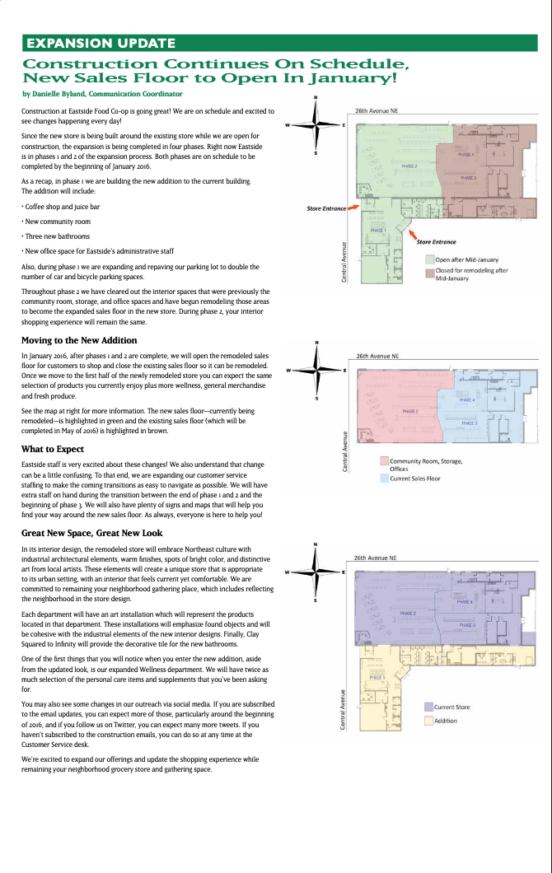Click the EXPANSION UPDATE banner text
tap(101, 44)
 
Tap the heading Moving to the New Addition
tap(79, 340)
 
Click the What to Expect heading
tap(53, 449)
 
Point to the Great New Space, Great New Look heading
tap(92, 533)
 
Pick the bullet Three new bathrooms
tap(57, 236)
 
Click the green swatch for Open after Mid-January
tap(429, 259)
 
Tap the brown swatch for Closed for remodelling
tap(429, 271)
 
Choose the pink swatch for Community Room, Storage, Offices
tap(384, 461)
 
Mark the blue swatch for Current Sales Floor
tap(384, 478)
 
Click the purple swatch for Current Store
tap(428, 707)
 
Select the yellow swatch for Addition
tap(428, 721)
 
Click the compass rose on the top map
tap(316, 125)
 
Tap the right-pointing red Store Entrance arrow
tap(353, 208)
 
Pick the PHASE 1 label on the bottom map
tap(377, 678)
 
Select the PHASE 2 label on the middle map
tap(409, 410)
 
